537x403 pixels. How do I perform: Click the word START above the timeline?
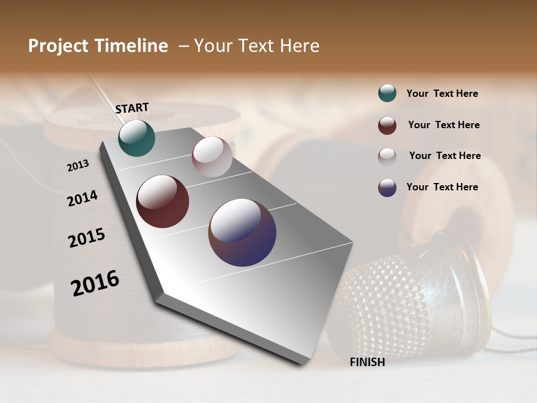[132, 107]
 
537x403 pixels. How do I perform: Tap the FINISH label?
[367, 362]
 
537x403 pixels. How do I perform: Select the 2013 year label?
[78, 166]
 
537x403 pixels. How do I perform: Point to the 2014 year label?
[82, 198]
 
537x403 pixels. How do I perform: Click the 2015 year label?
[87, 238]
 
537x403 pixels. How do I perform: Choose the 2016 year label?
[95, 283]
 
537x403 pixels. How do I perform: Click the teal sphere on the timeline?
[136, 138]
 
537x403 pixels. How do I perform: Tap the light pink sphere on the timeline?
[212, 157]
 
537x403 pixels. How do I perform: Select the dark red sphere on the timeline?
[162, 201]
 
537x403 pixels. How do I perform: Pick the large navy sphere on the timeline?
[242, 232]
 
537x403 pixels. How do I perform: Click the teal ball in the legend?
[387, 93]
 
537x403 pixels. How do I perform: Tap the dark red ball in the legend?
[387, 125]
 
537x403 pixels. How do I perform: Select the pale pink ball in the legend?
[387, 156]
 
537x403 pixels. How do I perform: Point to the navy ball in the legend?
[387, 188]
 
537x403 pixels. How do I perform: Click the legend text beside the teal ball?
[442, 93]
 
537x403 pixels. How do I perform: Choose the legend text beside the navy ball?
[442, 187]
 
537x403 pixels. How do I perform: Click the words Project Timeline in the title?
[98, 46]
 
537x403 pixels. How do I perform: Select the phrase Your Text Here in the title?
[257, 46]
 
